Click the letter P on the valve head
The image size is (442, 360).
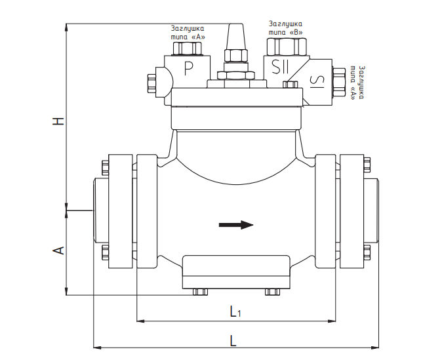[x=189, y=68]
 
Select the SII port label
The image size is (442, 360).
[x=280, y=67]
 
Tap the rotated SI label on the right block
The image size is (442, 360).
[x=317, y=81]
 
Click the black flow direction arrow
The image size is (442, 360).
[x=236, y=225]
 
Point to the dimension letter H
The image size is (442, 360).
[x=58, y=121]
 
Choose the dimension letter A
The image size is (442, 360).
[x=58, y=250]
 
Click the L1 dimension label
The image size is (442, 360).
[x=235, y=311]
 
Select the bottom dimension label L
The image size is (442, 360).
[x=233, y=340]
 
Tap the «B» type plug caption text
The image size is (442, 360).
[x=285, y=28]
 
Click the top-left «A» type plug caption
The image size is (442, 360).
[x=188, y=33]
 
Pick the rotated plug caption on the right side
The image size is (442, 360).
[x=357, y=83]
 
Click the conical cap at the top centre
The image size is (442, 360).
[x=236, y=37]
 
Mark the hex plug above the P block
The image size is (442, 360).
[x=187, y=49]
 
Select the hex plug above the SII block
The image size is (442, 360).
[x=287, y=47]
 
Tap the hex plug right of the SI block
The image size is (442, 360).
[x=339, y=83]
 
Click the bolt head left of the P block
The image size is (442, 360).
[x=151, y=83]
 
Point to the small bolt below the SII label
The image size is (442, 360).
[x=291, y=85]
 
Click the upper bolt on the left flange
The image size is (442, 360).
[x=105, y=168]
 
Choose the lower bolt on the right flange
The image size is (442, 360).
[x=367, y=252]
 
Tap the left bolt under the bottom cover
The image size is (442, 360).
[x=201, y=292]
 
